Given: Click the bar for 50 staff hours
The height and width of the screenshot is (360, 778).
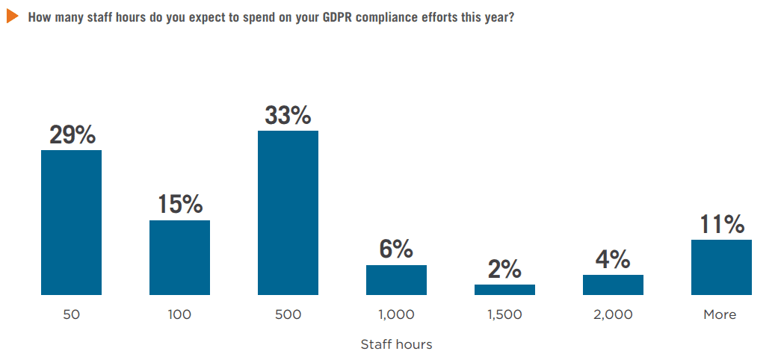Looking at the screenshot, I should pos(71,223).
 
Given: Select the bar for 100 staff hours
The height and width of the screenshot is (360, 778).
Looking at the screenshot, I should pos(179,258).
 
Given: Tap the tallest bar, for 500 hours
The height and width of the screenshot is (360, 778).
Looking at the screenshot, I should pos(288,213).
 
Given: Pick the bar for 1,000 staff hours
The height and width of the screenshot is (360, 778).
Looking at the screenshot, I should pos(396,280).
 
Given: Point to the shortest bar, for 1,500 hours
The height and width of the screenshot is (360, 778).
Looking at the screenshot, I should pos(504,290).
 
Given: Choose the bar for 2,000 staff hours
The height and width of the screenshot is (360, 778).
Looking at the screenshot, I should pos(613,285).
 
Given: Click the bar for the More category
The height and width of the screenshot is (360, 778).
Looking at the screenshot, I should pos(721,267).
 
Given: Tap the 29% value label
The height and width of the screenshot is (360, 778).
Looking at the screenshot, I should pos(72,134).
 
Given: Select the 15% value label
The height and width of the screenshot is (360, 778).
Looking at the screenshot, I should pos(180,204).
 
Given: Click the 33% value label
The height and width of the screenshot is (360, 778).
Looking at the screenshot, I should pos(288,115).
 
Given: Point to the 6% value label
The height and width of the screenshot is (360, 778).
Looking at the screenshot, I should pos(396,249).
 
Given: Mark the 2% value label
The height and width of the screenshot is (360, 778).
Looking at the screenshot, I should pos(504,269).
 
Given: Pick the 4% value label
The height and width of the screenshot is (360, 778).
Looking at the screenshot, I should pos(613,259).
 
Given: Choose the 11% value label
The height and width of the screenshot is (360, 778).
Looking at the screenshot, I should pos(722,224).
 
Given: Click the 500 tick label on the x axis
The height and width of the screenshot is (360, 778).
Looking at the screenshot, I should pos(288,314).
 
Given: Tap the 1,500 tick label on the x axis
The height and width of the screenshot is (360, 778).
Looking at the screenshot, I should pos(504,314).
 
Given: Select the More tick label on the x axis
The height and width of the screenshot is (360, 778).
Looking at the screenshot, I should pos(720,314).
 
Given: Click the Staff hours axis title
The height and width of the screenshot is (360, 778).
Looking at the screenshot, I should pos(396,344).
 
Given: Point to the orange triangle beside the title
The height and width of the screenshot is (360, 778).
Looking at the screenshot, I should pos(12,16).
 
